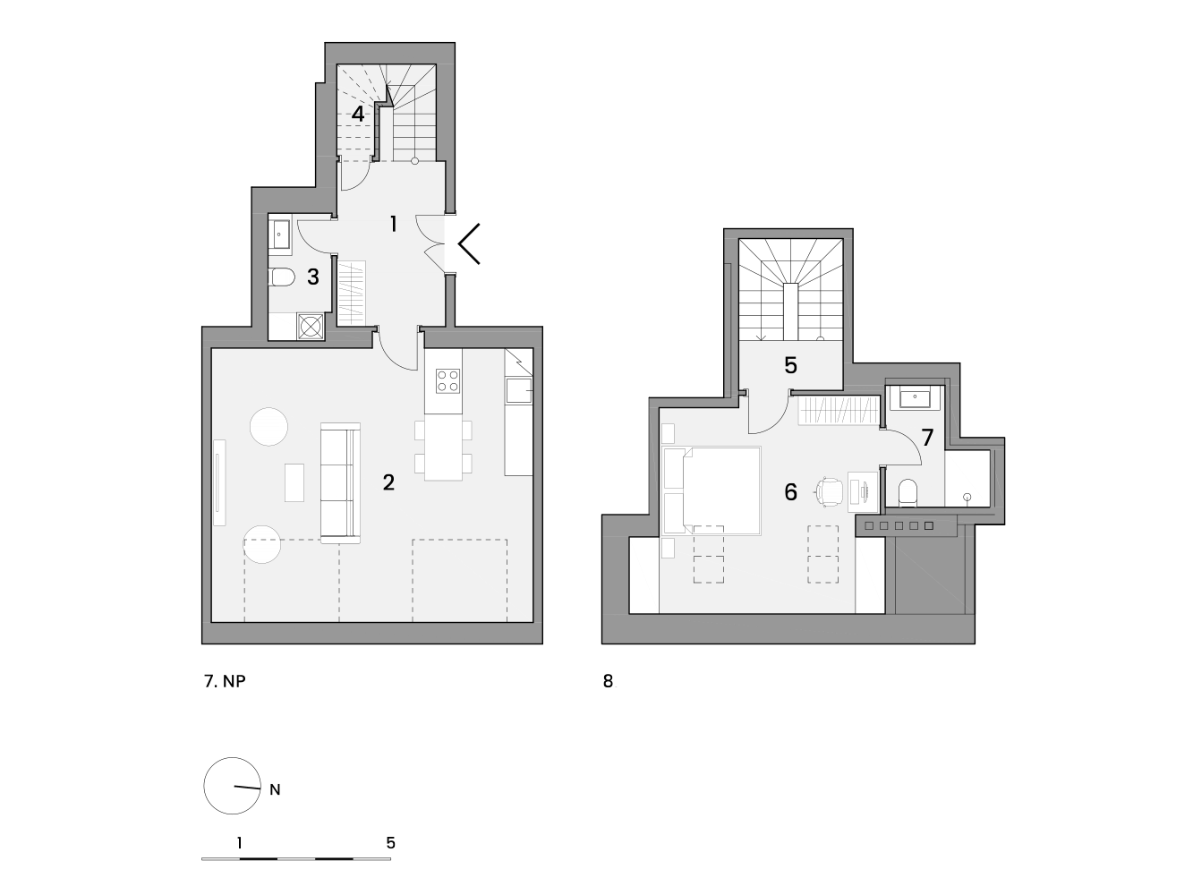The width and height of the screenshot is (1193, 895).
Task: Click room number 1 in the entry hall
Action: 394,224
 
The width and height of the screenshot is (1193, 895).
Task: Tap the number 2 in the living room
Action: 388,482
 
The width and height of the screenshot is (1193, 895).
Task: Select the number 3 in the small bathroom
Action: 313,277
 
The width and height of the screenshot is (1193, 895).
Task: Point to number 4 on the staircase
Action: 358,115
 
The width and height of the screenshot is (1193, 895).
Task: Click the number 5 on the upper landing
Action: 791,366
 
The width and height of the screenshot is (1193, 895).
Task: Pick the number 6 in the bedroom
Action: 791,491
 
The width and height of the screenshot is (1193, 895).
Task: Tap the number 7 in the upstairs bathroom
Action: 927,437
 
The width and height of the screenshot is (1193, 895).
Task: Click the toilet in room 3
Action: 282,277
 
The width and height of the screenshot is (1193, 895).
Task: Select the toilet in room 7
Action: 908,493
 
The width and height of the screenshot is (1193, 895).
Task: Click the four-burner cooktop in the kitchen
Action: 447,381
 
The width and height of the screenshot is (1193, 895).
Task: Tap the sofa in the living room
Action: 340,482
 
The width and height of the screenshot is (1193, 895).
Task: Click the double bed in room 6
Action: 712,490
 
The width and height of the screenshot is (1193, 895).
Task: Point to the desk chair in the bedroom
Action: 829,492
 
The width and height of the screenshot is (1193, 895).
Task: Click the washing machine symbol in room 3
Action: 311,327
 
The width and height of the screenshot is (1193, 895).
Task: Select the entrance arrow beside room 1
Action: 468,243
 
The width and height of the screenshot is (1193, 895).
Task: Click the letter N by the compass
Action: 275,790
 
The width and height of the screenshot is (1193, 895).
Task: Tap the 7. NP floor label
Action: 225,681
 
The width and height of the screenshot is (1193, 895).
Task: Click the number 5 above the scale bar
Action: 390,843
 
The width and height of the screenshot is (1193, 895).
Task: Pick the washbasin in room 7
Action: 915,398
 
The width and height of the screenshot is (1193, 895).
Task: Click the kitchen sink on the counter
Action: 518,391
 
